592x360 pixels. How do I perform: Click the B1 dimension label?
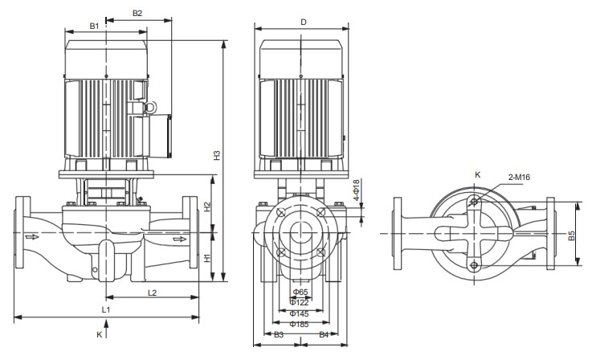coord(94,27)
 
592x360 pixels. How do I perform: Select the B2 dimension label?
coord(137,14)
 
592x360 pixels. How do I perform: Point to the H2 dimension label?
coord(207,207)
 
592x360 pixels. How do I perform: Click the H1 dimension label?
coord(207,259)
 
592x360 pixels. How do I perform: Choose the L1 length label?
coord(105,309)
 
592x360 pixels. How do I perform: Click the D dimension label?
coord(304,22)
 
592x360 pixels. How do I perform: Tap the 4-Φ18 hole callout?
coord(357,192)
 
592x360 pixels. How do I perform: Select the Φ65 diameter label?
coord(300,292)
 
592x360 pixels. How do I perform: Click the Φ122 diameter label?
coord(300,302)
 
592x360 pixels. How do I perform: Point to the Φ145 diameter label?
coord(300,313)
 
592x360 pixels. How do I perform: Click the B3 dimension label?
coord(279,333)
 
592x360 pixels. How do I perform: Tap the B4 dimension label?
coord(325,333)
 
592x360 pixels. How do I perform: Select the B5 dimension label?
coord(571,236)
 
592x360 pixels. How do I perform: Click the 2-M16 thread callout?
coord(518,178)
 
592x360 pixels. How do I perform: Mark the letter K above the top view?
coord(477,174)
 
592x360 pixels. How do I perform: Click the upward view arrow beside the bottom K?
coord(105,325)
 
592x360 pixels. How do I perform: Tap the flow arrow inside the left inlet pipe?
coord(32,237)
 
